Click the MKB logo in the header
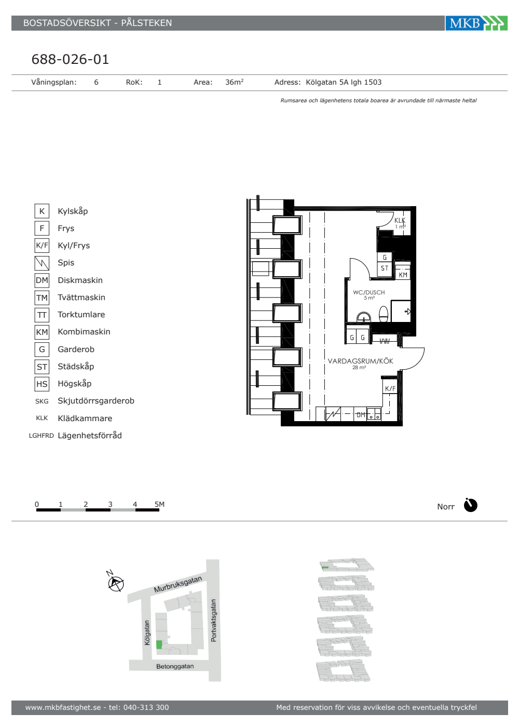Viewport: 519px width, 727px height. [476, 23]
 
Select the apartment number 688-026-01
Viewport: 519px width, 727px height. [70, 59]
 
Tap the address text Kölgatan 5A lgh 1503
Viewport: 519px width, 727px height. [344, 82]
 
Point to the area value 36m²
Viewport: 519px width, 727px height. [234, 82]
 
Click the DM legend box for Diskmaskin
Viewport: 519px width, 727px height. [42, 280]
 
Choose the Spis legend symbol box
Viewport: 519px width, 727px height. [42, 263]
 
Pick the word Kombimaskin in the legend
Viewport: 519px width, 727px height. [84, 332]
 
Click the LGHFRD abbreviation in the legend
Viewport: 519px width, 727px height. [42, 436]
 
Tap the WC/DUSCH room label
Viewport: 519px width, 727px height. [369, 293]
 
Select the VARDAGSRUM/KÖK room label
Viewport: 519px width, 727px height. [360, 361]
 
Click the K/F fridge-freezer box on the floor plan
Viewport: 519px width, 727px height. [390, 388]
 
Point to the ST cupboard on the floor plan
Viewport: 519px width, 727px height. [385, 268]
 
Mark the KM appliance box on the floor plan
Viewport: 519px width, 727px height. [403, 275]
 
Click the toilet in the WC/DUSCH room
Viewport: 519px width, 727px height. [384, 314]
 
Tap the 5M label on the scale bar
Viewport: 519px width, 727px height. [159, 504]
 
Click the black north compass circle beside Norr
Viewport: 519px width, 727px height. [471, 505]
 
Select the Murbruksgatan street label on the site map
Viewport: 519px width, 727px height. [177, 584]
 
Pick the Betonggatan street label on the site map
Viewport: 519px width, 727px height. [175, 666]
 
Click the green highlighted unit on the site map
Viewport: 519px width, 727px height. [159, 644]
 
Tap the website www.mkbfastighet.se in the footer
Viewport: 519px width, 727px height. [63, 707]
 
